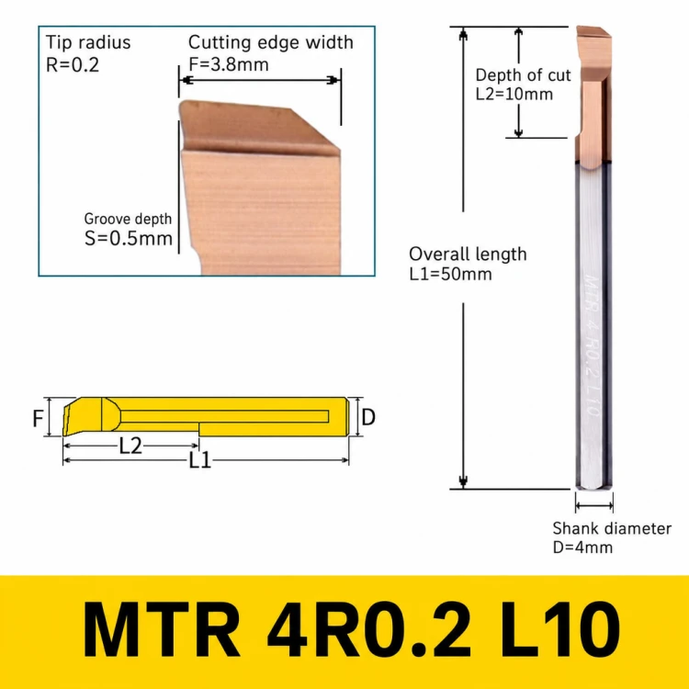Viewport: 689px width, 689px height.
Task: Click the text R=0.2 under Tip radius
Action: [x=73, y=65]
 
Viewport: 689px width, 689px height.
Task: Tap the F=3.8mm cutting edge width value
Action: [x=229, y=64]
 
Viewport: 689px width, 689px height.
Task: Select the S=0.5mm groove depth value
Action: [x=129, y=239]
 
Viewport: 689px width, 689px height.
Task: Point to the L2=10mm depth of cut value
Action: [x=514, y=94]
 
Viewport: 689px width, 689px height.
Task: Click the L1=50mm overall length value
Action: [x=450, y=274]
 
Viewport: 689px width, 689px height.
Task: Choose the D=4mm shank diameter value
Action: [x=582, y=548]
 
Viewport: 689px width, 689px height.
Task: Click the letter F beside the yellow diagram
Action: [x=38, y=418]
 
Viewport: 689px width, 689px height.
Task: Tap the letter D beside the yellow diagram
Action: [x=368, y=417]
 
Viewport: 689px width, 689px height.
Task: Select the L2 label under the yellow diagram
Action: [x=130, y=446]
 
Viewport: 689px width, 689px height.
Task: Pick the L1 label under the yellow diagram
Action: [x=200, y=461]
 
